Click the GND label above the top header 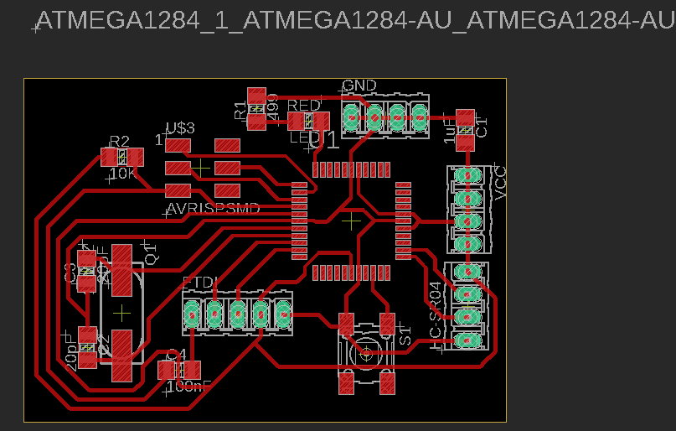click(x=359, y=86)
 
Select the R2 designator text click(x=120, y=141)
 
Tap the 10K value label click(x=123, y=174)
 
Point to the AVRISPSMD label click(x=213, y=207)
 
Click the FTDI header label click(x=200, y=281)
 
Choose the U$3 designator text click(x=180, y=128)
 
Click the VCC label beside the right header click(x=501, y=183)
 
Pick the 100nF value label click(x=190, y=387)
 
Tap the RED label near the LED click(x=303, y=106)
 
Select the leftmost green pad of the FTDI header click(x=193, y=314)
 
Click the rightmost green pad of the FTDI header click(x=283, y=314)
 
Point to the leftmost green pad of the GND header click(x=353, y=117)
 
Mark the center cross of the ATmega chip click(x=352, y=219)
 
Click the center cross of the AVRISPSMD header click(x=202, y=168)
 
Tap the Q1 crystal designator click(x=152, y=252)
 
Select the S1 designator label click(x=405, y=338)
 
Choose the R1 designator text click(x=241, y=109)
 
